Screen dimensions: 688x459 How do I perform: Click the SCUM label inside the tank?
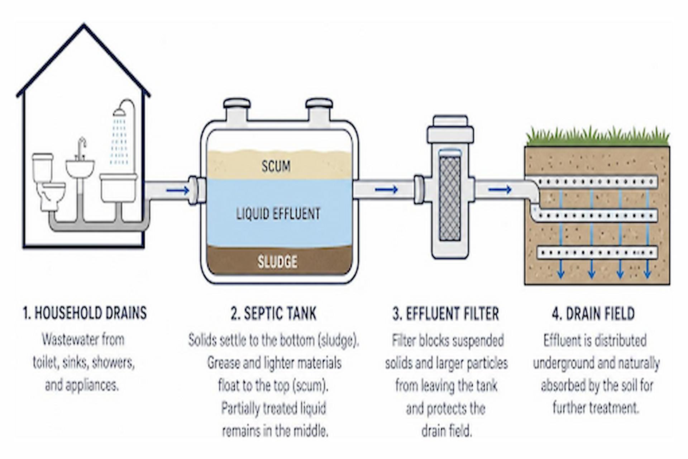276,166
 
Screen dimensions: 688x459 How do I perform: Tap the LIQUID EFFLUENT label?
278,214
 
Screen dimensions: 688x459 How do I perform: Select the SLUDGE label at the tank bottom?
277,262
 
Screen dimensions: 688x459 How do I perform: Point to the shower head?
120,112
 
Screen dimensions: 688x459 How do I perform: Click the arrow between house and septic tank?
178,190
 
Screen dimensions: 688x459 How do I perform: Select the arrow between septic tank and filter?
386,189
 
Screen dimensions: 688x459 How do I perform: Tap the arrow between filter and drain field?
500,189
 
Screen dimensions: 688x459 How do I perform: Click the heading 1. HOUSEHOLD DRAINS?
85,313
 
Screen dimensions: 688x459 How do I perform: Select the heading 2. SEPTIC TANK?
274,313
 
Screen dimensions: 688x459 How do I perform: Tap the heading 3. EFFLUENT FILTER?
446,314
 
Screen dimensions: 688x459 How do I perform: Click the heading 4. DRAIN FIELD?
593,314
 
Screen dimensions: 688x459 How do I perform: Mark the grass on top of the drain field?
597,137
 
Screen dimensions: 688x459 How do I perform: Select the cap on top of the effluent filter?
450,129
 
